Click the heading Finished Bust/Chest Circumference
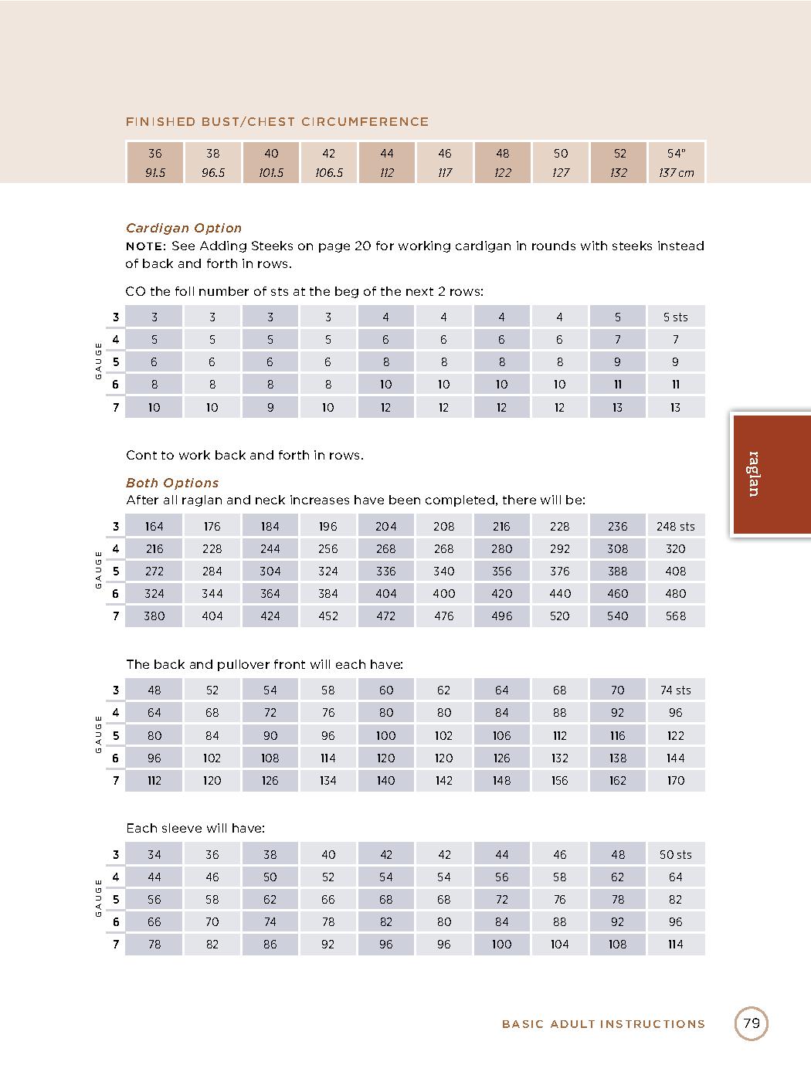277,122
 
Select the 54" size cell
676,154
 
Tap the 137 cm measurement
676,173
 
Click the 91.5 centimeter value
154,173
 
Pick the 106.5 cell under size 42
328,173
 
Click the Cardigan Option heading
184,229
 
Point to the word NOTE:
146,246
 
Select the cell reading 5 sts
675,317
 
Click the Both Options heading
172,483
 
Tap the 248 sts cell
675,527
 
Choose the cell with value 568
675,616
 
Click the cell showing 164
154,527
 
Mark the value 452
328,616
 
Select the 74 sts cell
675,690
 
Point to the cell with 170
675,781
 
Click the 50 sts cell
675,855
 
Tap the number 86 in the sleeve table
270,945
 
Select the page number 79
751,1024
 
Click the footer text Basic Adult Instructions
603,1025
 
